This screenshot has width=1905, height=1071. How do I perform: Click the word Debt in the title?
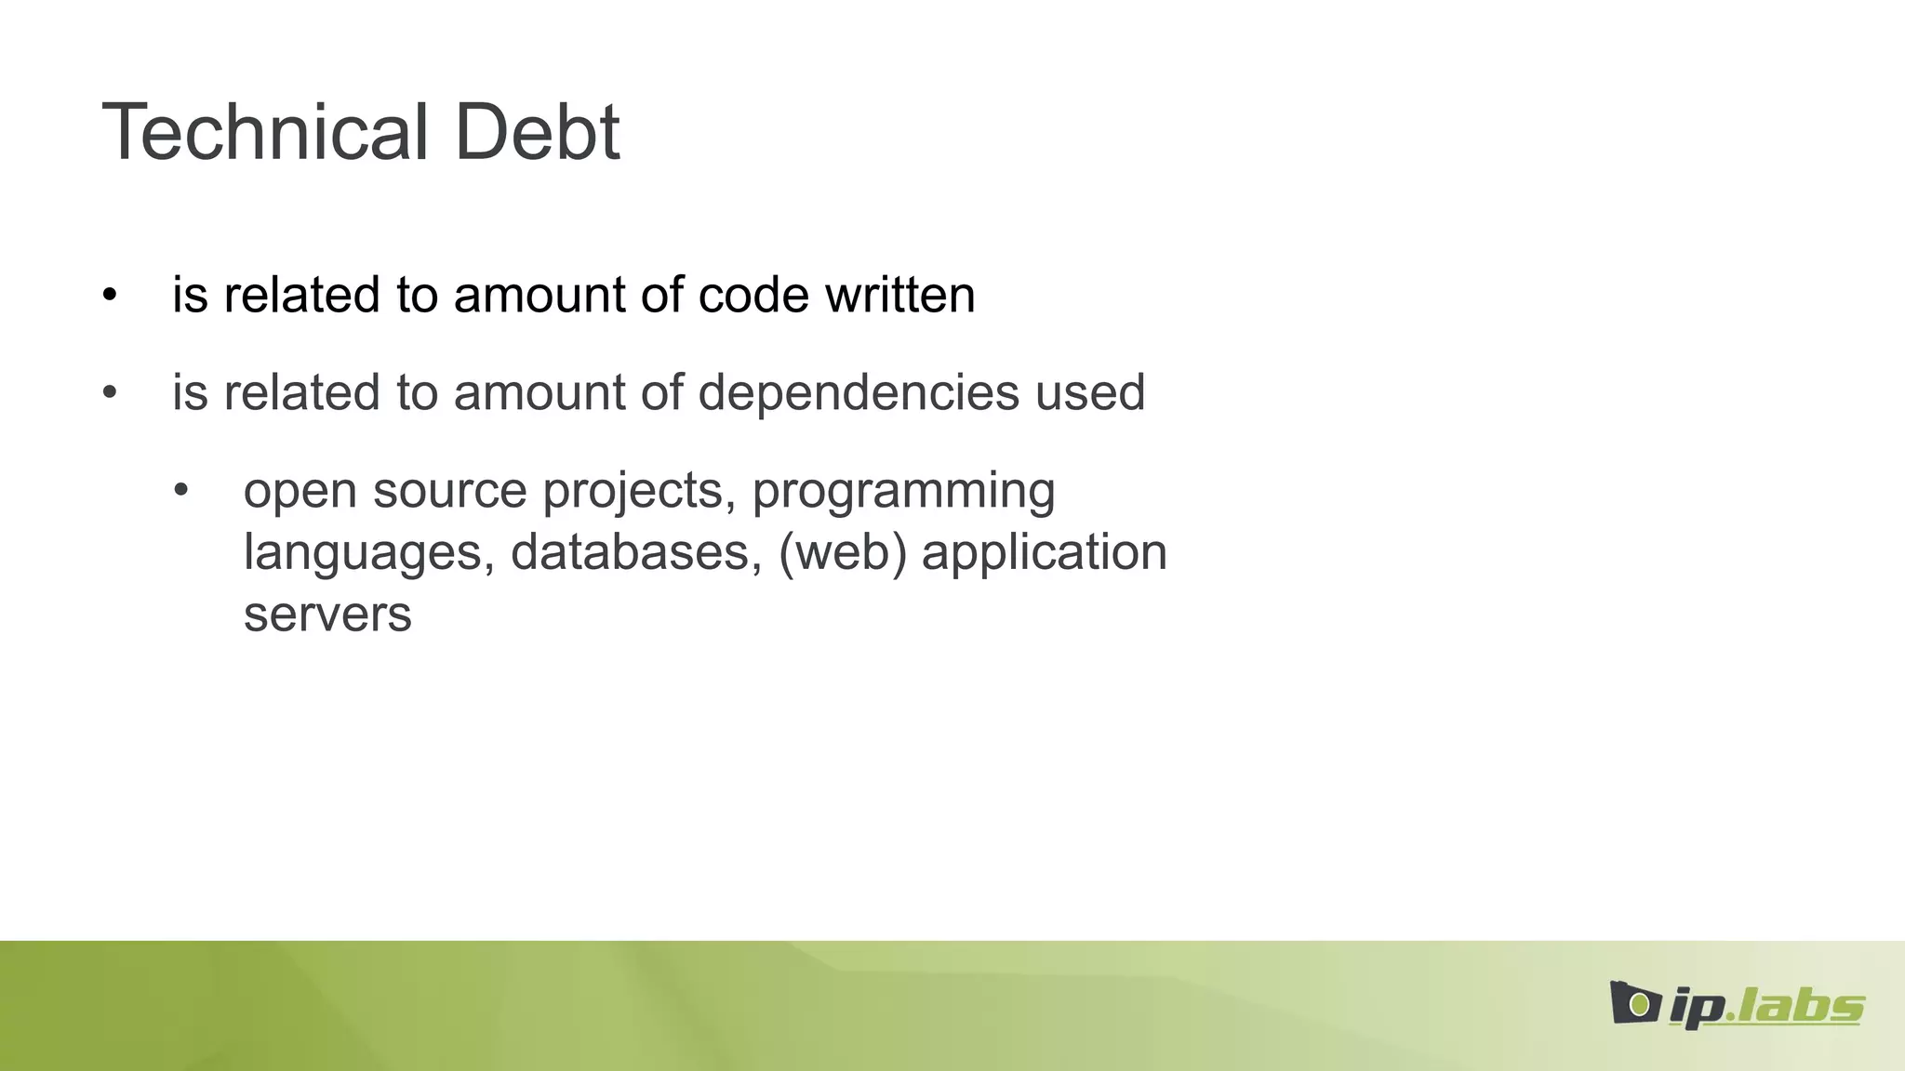pos(537,132)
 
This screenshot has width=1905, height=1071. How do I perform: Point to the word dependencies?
pos(858,393)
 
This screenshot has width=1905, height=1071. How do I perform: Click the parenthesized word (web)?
pos(842,552)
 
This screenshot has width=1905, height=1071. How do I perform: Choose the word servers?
pos(327,615)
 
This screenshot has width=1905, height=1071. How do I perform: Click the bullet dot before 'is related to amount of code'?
pos(110,296)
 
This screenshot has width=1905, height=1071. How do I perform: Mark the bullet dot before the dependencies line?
pos(110,393)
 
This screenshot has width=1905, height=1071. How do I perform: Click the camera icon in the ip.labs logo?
pos(1635,1003)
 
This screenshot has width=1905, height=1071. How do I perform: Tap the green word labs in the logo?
pos(1800,1006)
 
